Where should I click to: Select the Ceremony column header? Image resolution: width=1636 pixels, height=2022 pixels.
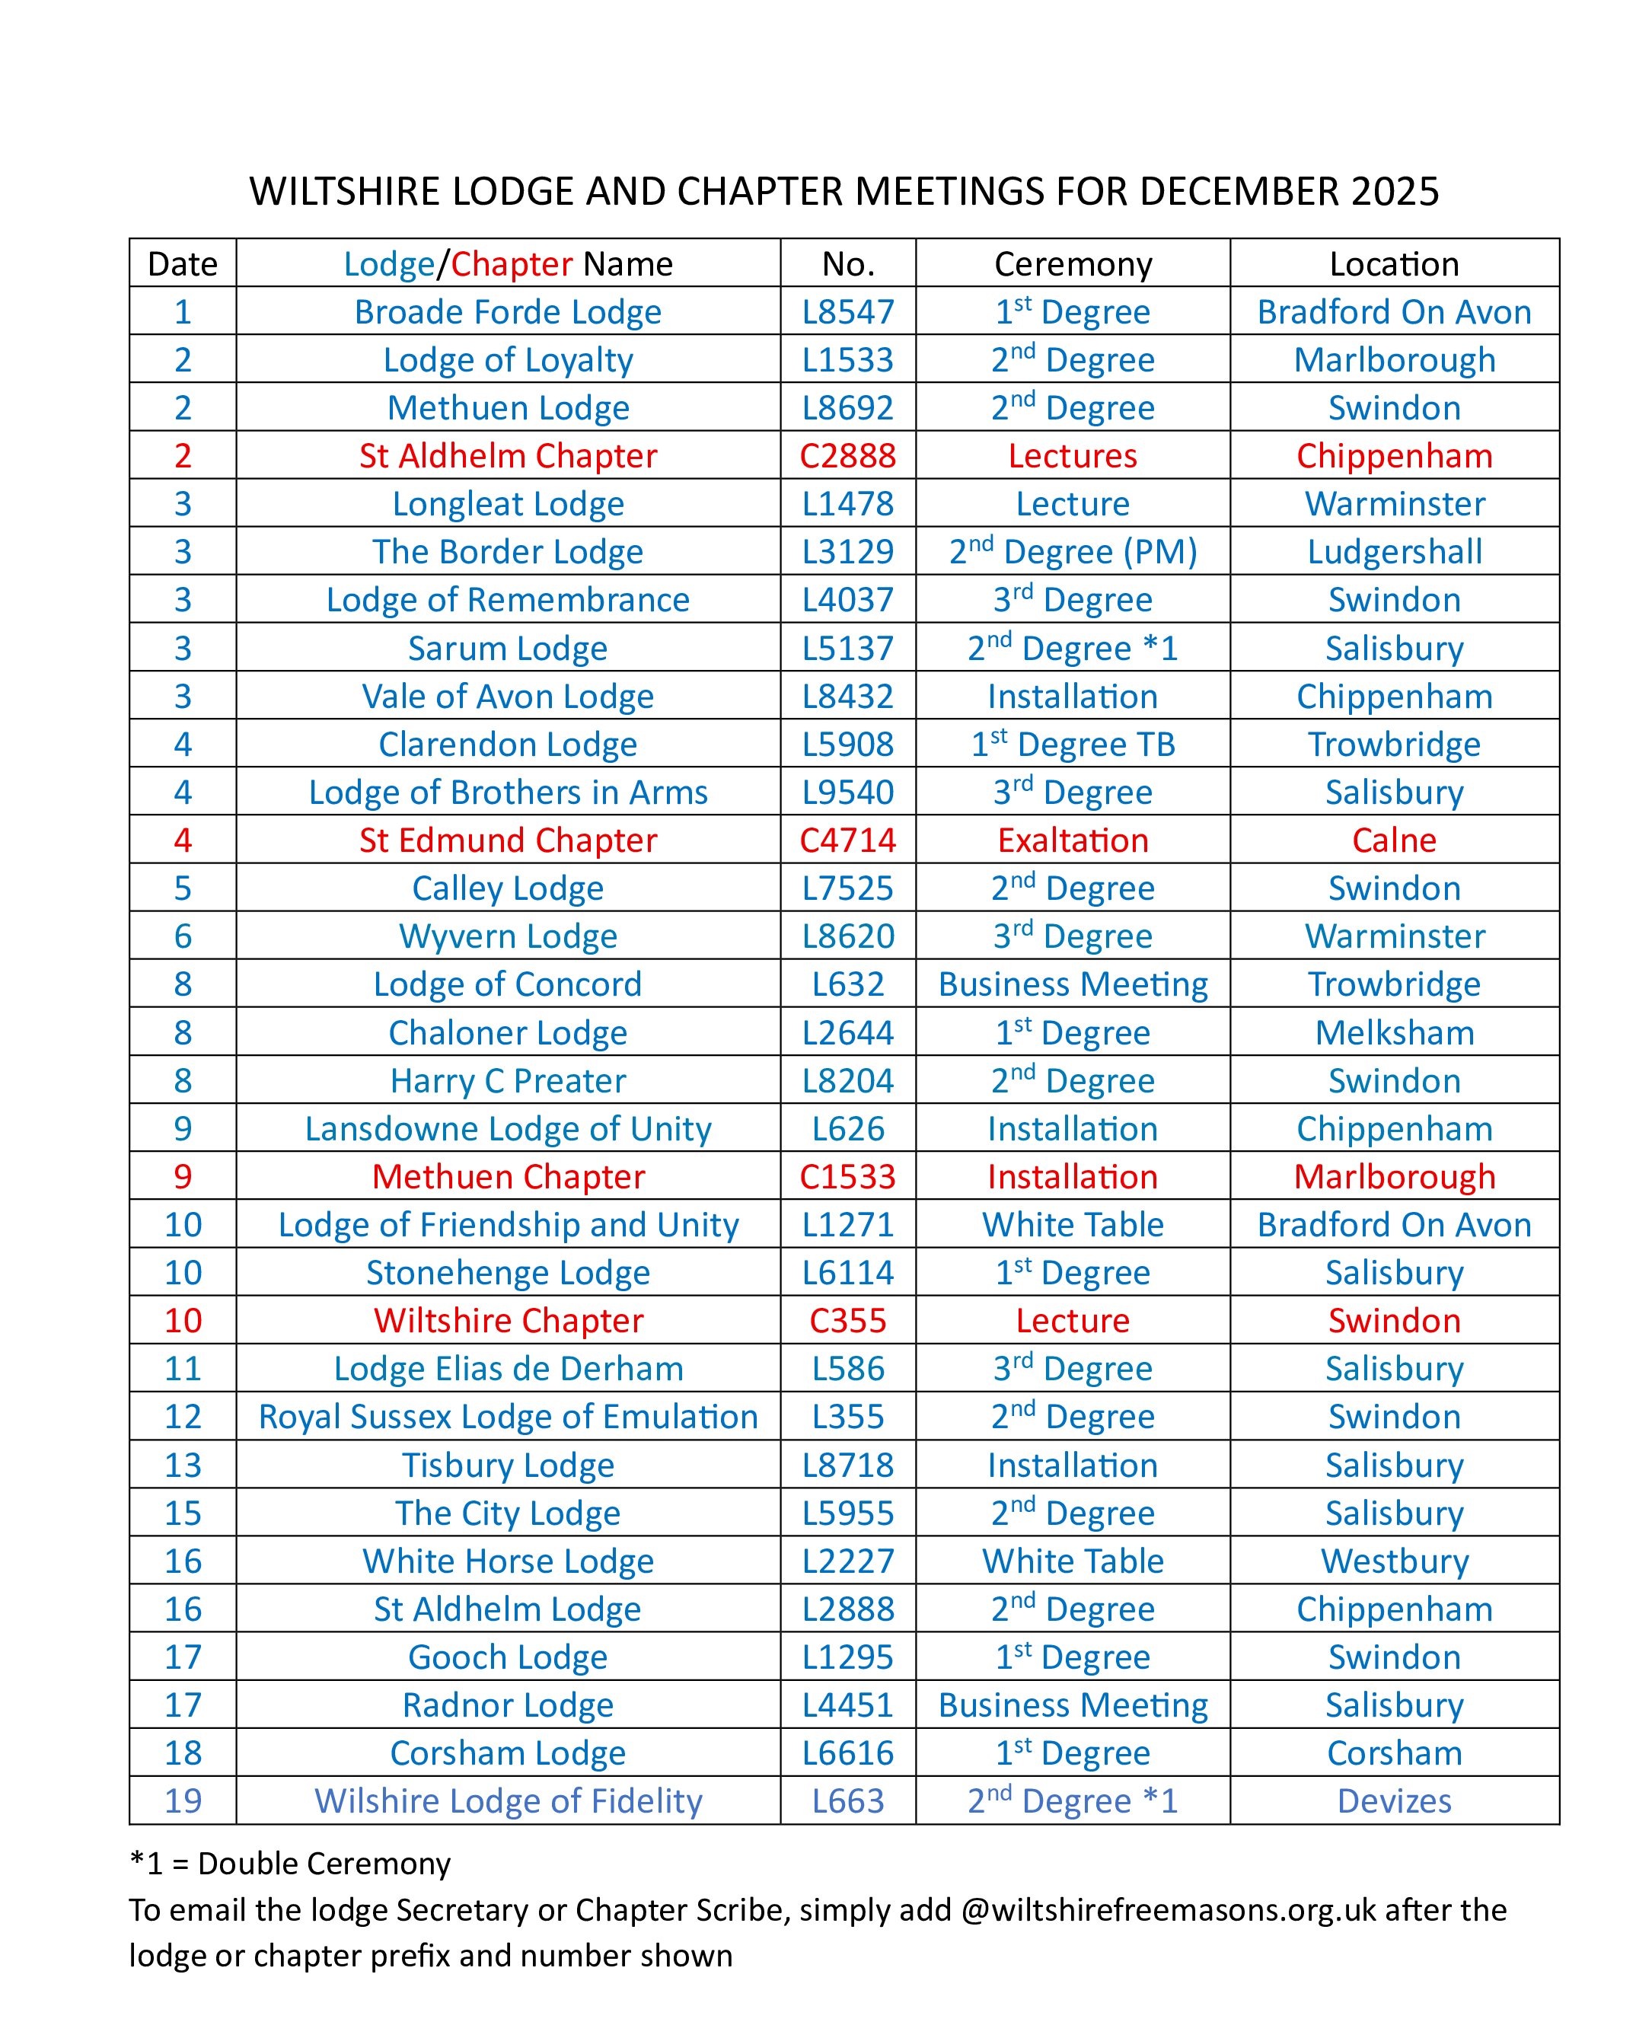point(1073,264)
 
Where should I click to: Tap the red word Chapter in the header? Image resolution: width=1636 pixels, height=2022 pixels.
point(512,264)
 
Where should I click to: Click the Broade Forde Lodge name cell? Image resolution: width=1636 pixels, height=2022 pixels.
point(508,312)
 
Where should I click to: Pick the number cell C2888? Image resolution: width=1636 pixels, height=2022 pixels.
point(847,456)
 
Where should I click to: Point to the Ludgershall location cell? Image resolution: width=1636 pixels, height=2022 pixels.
point(1394,552)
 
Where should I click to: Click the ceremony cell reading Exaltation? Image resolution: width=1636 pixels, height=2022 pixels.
point(1073,840)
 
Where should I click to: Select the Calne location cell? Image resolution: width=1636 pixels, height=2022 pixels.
point(1394,840)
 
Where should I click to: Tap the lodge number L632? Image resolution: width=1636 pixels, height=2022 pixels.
point(847,984)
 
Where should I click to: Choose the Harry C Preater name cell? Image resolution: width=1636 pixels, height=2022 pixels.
point(508,1081)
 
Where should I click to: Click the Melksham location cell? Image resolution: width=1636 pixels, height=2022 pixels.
point(1394,1032)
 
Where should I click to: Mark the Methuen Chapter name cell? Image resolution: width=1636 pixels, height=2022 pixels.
point(508,1177)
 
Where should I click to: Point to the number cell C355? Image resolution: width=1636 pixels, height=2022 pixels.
point(847,1321)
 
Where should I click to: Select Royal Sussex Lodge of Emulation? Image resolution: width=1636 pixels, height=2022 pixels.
point(508,1417)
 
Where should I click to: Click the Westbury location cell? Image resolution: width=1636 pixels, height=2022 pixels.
point(1394,1561)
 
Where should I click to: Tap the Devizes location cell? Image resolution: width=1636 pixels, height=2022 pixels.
point(1394,1800)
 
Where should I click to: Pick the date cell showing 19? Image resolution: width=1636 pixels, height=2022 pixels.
point(183,1800)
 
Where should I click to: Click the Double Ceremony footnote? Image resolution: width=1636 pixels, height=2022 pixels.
point(290,1864)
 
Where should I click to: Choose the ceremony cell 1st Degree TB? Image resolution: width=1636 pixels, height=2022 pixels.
point(1073,745)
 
